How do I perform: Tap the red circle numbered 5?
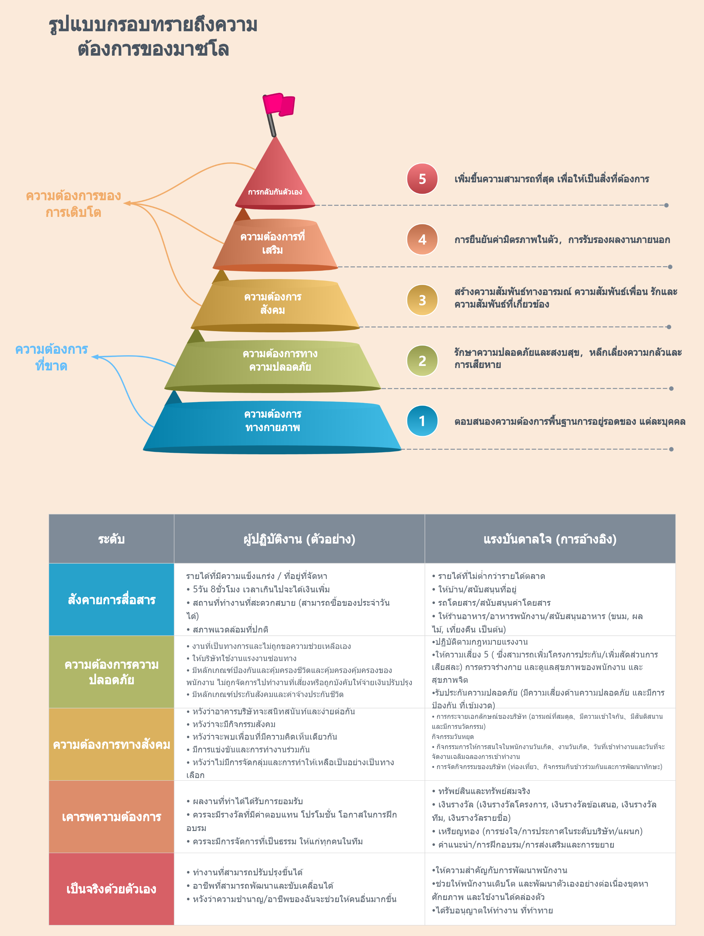(422, 179)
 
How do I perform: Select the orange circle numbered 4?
(422, 240)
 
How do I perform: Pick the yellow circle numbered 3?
(422, 300)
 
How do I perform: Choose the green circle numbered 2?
(422, 361)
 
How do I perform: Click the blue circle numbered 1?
(422, 421)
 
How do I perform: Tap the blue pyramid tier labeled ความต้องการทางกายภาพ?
(273, 427)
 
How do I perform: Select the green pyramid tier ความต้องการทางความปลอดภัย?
(273, 366)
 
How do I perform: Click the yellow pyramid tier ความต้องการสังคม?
(275, 306)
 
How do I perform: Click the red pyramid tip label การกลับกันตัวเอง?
(275, 192)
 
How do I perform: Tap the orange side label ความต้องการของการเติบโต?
(73, 204)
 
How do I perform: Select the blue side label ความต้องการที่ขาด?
(51, 358)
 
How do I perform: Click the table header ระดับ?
(111, 539)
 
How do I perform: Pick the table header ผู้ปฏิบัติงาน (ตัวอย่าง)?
(299, 539)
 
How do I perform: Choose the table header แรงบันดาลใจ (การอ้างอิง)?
(550, 539)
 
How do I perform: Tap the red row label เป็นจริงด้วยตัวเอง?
(111, 889)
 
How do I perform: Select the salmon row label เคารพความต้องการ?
(112, 817)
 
